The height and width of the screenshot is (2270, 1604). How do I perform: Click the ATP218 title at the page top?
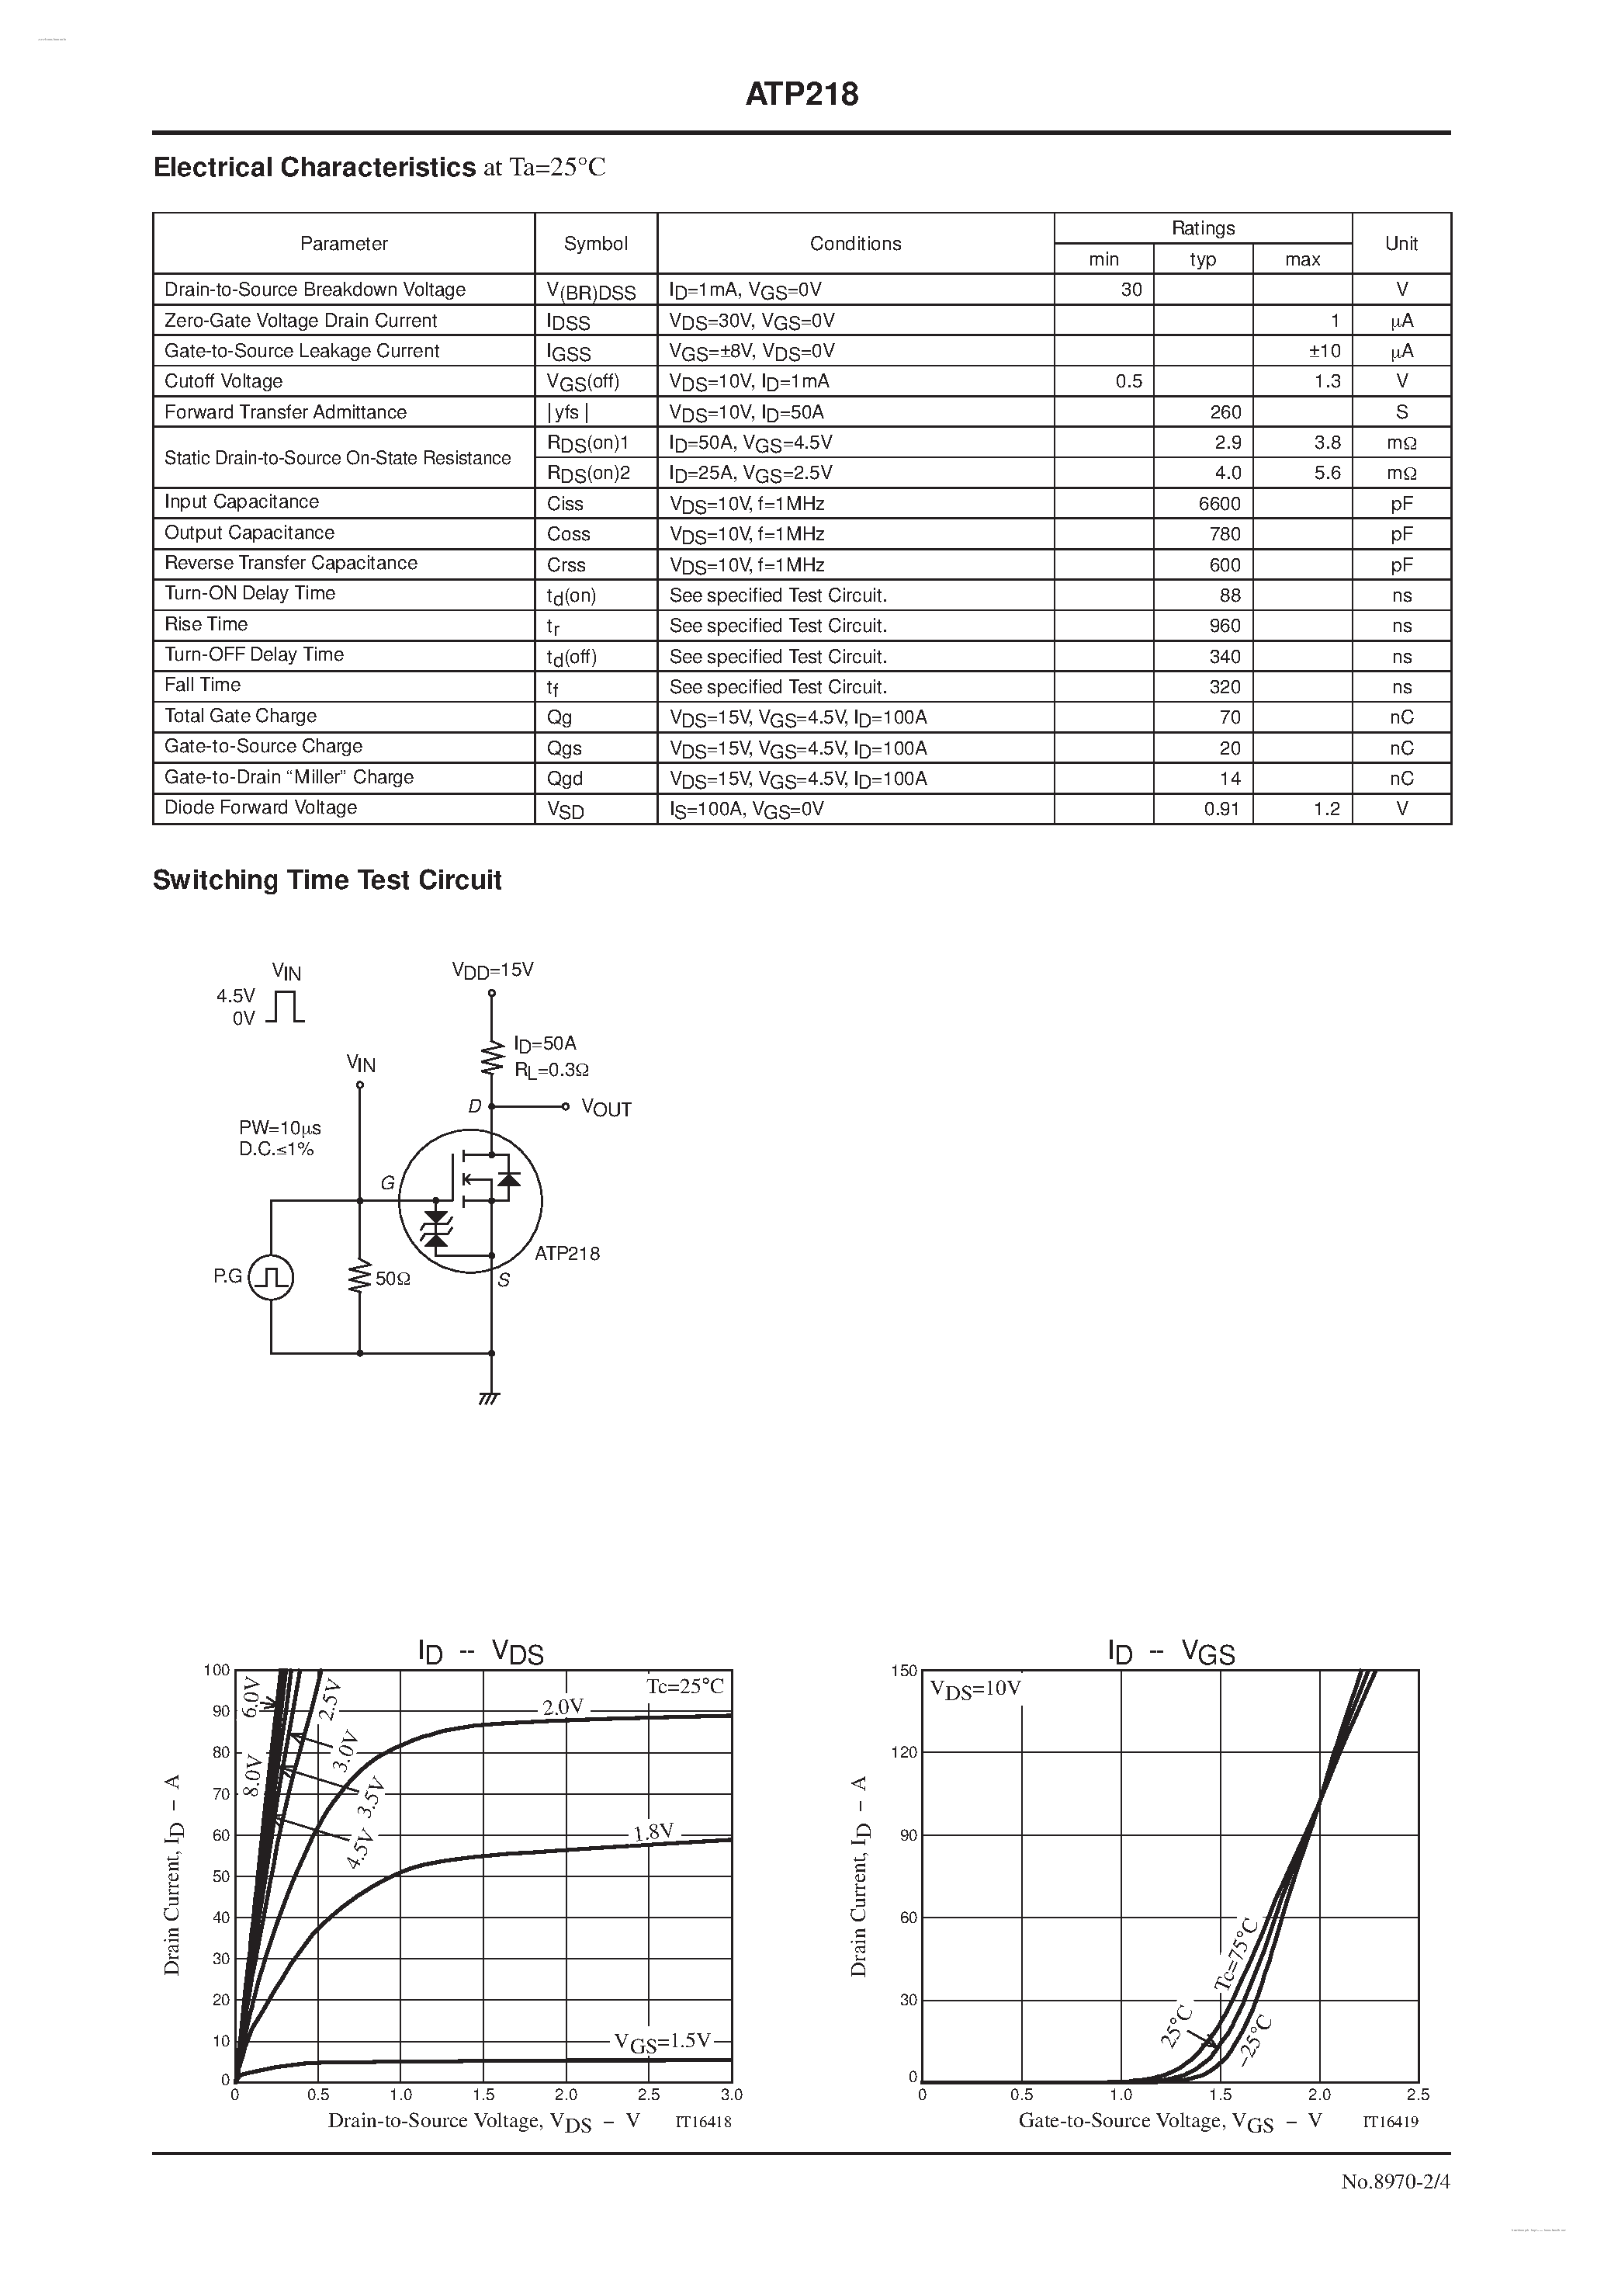[x=802, y=94]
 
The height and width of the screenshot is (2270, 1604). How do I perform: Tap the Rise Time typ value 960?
[x=1225, y=626]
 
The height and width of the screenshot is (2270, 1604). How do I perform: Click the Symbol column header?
[x=595, y=243]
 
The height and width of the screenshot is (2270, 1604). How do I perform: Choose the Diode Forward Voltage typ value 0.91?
[x=1221, y=809]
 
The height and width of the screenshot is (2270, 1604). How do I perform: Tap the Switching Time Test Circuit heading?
[x=327, y=880]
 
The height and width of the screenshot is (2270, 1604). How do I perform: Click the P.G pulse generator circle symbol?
[x=271, y=1276]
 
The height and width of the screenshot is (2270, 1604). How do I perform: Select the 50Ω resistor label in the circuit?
[x=393, y=1279]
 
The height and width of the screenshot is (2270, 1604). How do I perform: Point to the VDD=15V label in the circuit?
[x=492, y=970]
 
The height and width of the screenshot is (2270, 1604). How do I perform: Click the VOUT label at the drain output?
[x=606, y=1109]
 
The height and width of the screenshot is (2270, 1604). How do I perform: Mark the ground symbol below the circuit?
[x=489, y=1398]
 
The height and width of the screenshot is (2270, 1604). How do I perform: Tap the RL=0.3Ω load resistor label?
[x=552, y=1070]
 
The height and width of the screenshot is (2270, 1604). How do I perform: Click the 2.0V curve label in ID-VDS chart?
[x=563, y=1706]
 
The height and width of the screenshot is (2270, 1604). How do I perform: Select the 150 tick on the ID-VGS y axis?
[x=903, y=1670]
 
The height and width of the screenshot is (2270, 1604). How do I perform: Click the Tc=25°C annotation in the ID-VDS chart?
[x=685, y=1685]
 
